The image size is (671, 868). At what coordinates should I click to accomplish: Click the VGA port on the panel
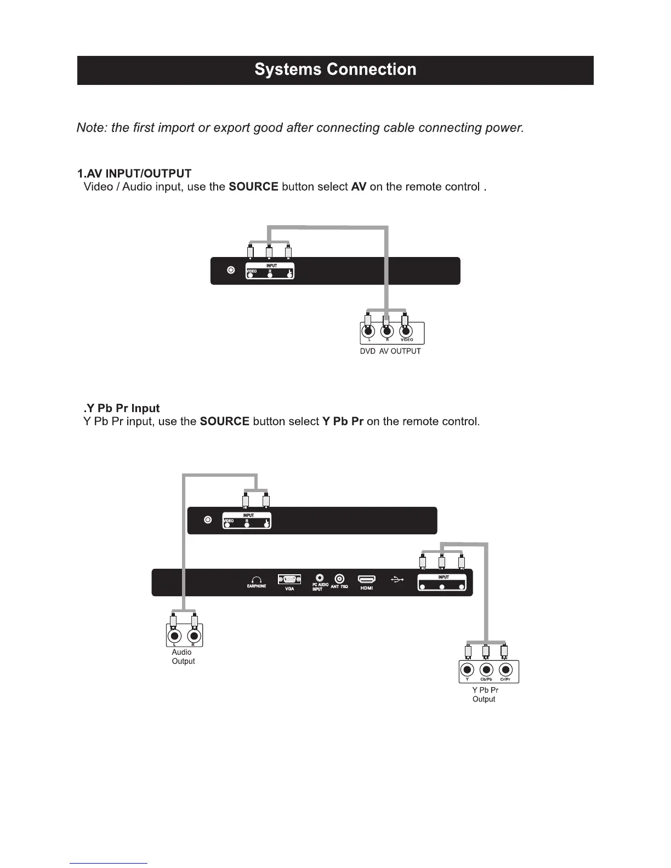click(289, 579)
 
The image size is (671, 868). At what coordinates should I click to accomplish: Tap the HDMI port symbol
click(366, 579)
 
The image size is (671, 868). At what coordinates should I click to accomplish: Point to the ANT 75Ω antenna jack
click(340, 578)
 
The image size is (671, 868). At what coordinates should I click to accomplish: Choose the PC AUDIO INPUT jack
click(320, 578)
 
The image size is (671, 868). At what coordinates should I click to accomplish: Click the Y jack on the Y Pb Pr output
click(467, 670)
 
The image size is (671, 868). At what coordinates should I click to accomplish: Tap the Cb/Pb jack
click(487, 670)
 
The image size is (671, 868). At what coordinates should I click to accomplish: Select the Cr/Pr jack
click(506, 670)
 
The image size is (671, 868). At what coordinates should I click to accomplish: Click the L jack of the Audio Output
click(175, 636)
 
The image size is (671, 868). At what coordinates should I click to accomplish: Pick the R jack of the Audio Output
click(194, 636)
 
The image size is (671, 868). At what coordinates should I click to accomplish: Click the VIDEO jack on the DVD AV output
click(406, 330)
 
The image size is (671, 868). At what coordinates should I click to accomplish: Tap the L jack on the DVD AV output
click(369, 330)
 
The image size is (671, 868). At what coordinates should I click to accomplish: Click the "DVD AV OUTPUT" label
click(390, 351)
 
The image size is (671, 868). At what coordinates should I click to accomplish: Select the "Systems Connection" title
click(335, 70)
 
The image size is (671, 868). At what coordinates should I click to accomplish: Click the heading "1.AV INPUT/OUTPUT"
click(134, 174)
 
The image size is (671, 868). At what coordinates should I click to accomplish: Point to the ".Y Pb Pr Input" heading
click(122, 408)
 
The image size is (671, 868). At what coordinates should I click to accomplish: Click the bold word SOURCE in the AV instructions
click(253, 187)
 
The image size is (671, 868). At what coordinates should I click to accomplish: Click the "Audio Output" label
click(183, 656)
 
